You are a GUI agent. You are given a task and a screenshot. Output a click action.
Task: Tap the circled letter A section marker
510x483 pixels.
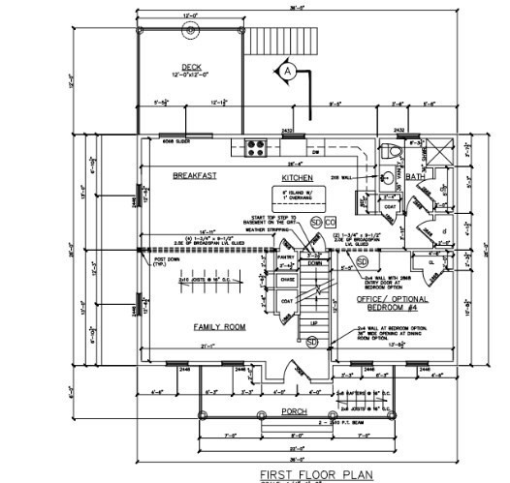point(288,71)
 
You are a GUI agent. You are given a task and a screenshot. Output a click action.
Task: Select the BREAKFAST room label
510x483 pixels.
point(193,175)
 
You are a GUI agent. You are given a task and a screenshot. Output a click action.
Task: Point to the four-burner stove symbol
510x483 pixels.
point(257,148)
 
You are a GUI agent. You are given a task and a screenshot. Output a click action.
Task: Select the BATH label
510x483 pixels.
point(415,177)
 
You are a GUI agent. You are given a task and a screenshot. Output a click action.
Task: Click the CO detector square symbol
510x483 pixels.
point(329,222)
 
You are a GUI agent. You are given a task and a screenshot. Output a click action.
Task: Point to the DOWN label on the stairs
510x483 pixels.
point(313,262)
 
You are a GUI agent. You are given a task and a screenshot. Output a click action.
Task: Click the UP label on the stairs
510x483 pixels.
point(313,325)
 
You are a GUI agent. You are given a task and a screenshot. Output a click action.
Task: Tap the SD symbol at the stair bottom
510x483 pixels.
point(312,342)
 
